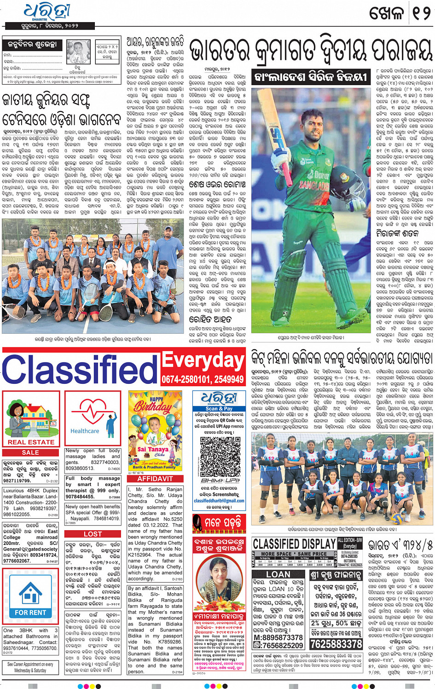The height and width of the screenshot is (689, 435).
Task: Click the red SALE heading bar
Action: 30,452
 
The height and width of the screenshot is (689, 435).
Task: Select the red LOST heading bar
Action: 93,534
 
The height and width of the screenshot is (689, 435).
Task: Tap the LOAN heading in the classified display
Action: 278,574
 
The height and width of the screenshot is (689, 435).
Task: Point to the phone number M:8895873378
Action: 278,637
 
